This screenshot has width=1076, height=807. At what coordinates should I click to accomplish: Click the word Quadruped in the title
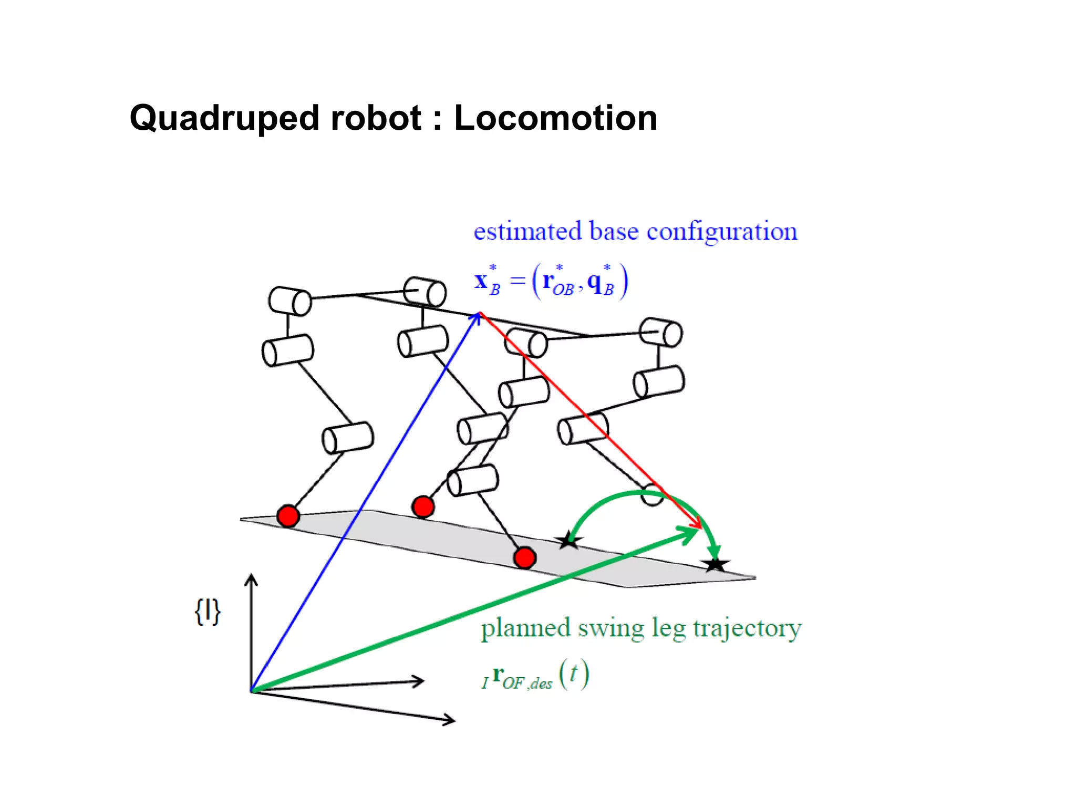point(223,119)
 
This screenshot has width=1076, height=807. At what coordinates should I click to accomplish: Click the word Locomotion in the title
point(555,118)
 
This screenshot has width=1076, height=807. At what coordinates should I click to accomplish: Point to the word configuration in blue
point(722,232)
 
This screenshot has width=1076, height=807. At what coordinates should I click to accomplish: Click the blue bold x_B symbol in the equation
point(486,282)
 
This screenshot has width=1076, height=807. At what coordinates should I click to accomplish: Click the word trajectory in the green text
point(747,628)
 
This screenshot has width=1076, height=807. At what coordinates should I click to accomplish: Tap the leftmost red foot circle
point(288,516)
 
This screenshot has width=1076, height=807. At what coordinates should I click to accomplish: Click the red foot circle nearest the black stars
point(524,557)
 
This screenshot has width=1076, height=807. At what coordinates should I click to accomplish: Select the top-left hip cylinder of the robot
point(289,301)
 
